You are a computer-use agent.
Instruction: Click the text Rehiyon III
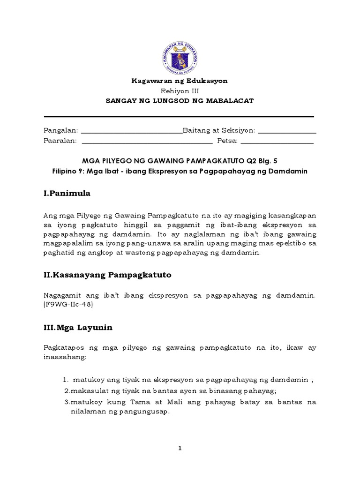coord(180,91)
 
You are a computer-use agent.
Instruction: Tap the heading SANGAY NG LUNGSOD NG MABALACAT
coord(180,101)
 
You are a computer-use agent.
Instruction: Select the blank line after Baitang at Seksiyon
coord(287,132)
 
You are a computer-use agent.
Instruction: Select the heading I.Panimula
coord(67,193)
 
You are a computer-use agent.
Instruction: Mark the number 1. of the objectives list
coord(66,380)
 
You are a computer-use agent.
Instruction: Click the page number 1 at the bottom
coord(180,449)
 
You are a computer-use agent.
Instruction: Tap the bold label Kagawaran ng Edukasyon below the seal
coord(180,81)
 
